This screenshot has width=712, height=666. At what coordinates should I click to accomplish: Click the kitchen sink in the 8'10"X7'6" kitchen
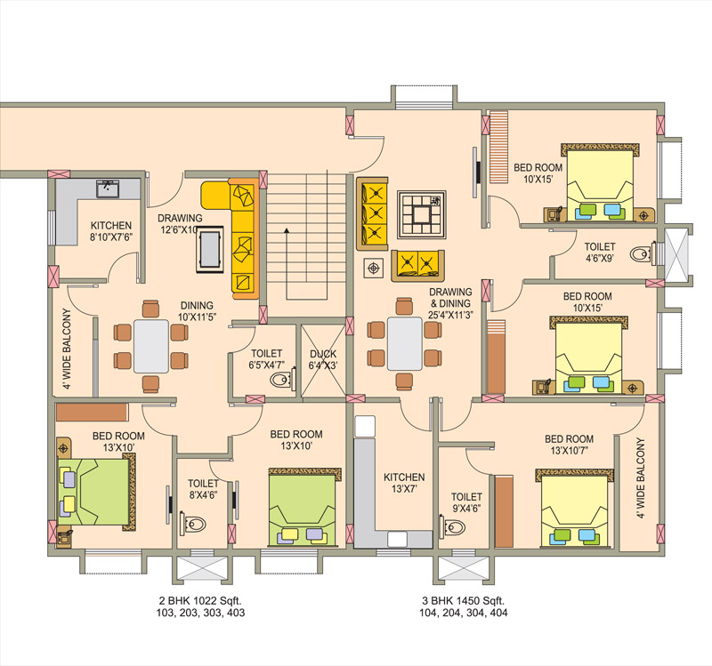click(x=108, y=189)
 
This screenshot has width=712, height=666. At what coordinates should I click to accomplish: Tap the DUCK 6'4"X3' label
click(x=323, y=359)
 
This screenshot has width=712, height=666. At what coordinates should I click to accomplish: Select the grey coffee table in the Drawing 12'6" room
click(x=210, y=250)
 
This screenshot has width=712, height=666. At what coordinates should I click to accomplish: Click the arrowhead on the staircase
click(x=287, y=231)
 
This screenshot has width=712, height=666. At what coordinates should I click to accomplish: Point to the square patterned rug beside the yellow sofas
click(x=421, y=214)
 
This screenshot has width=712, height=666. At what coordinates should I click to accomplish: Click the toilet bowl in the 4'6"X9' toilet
click(x=643, y=254)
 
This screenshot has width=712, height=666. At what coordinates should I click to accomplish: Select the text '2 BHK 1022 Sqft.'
click(x=200, y=600)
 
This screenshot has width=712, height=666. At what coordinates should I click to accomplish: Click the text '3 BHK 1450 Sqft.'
click(x=463, y=600)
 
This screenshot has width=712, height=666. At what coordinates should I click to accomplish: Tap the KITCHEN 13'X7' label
click(x=404, y=483)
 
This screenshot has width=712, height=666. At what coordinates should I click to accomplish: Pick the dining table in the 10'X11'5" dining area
click(x=151, y=346)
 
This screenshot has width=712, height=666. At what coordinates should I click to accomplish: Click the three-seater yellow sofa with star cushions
click(x=372, y=213)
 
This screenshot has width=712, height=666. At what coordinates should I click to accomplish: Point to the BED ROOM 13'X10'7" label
click(x=569, y=445)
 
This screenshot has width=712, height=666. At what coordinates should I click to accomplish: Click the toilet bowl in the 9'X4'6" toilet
click(x=452, y=527)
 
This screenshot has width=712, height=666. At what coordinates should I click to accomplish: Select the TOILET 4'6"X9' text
click(x=599, y=253)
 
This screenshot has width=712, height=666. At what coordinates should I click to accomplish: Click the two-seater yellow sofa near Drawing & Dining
click(x=417, y=265)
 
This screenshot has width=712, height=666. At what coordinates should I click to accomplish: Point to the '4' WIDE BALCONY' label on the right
click(x=640, y=477)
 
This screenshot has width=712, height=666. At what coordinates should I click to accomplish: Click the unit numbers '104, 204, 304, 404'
click(x=463, y=613)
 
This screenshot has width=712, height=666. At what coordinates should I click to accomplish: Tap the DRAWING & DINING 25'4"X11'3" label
click(x=450, y=303)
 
